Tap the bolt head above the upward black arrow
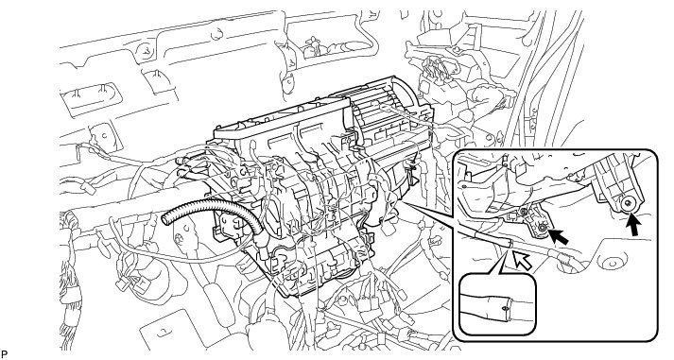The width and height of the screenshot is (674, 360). [x=629, y=203]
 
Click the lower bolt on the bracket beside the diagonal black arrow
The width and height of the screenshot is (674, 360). [x=543, y=228]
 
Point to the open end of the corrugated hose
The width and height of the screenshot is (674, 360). [x=165, y=219]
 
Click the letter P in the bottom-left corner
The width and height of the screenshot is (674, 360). [x=5, y=355]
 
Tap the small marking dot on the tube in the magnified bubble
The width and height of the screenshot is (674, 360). [x=504, y=308]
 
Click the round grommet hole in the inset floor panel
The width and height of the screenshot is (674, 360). [x=612, y=262]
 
